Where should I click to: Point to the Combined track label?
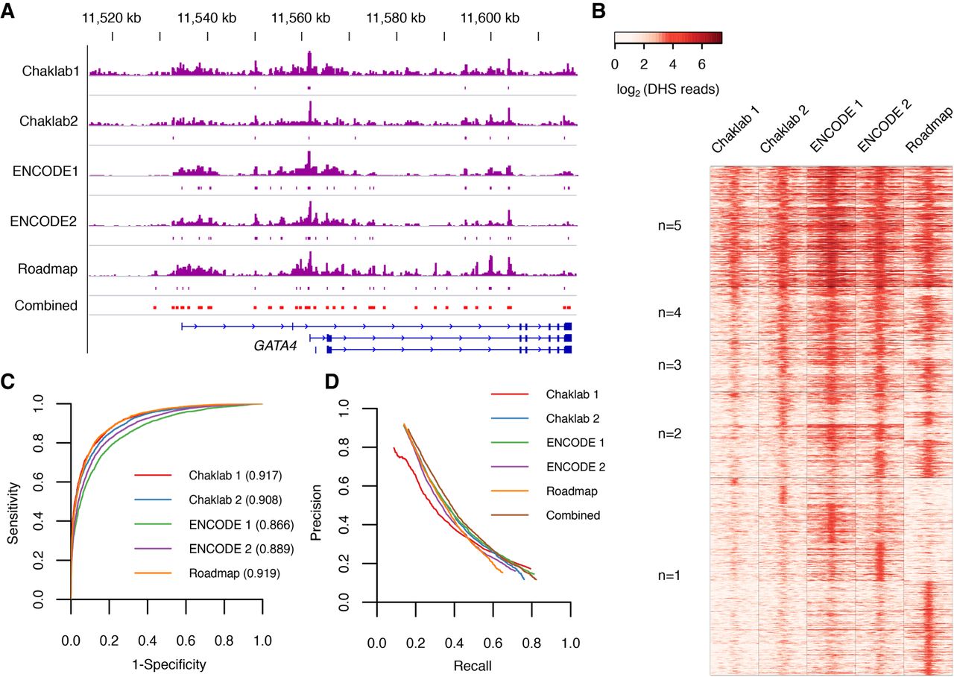click(49, 305)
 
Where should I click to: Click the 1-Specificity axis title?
click(165, 661)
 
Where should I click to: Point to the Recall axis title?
click(473, 663)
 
